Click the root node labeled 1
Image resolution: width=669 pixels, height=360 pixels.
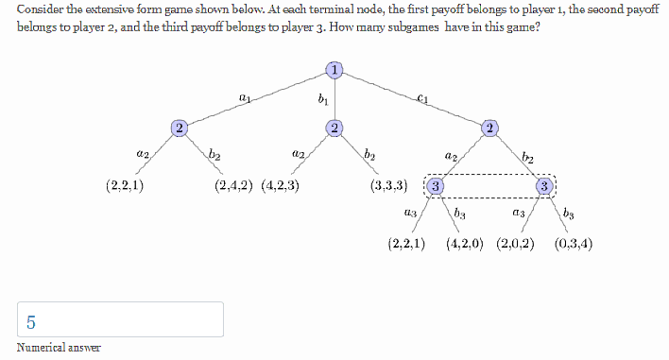pos(334,68)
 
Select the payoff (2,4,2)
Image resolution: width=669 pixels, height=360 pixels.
pos(235,185)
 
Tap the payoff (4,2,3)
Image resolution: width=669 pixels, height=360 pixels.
pos(281,185)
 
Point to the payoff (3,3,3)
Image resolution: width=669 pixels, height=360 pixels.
pos(389,185)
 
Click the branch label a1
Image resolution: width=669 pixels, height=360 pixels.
pos(245,96)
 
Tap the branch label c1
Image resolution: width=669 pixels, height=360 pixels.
pos(422,96)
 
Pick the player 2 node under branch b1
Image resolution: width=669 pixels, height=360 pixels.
pos(334,127)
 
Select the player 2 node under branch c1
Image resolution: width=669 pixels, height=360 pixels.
pos(489,127)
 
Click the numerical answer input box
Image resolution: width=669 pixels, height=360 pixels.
pos(120,319)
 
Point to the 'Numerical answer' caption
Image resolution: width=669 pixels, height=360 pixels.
pos(59,348)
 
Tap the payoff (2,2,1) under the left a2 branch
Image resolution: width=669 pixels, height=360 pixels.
pos(125,185)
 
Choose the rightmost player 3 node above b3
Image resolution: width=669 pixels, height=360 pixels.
pos(544,185)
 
